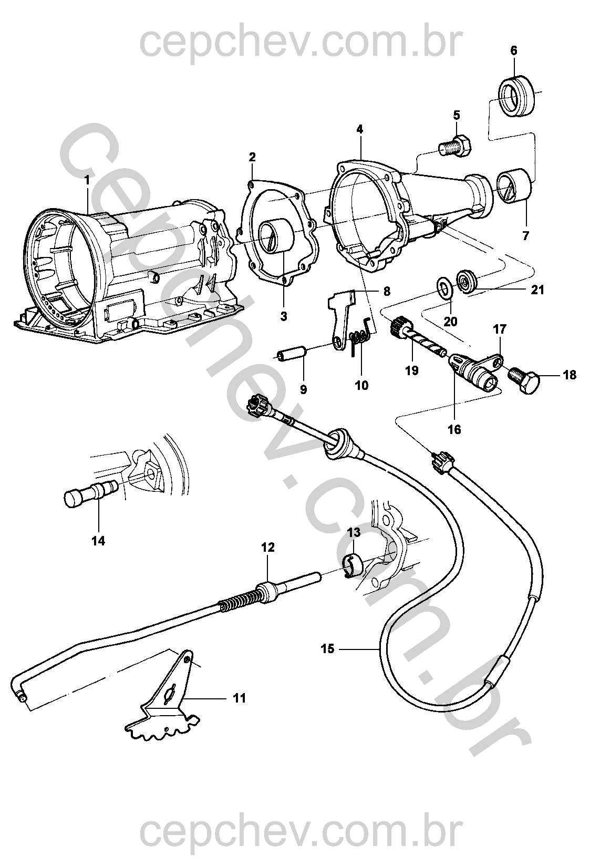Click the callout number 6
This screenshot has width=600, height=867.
point(513,51)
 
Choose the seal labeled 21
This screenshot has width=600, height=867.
point(465,280)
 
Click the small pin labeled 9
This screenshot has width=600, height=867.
point(294,353)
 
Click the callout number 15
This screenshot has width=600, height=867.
point(327,649)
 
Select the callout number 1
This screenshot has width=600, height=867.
point(87,180)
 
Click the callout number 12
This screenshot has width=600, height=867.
point(267,547)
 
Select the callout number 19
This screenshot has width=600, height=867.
point(412,370)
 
